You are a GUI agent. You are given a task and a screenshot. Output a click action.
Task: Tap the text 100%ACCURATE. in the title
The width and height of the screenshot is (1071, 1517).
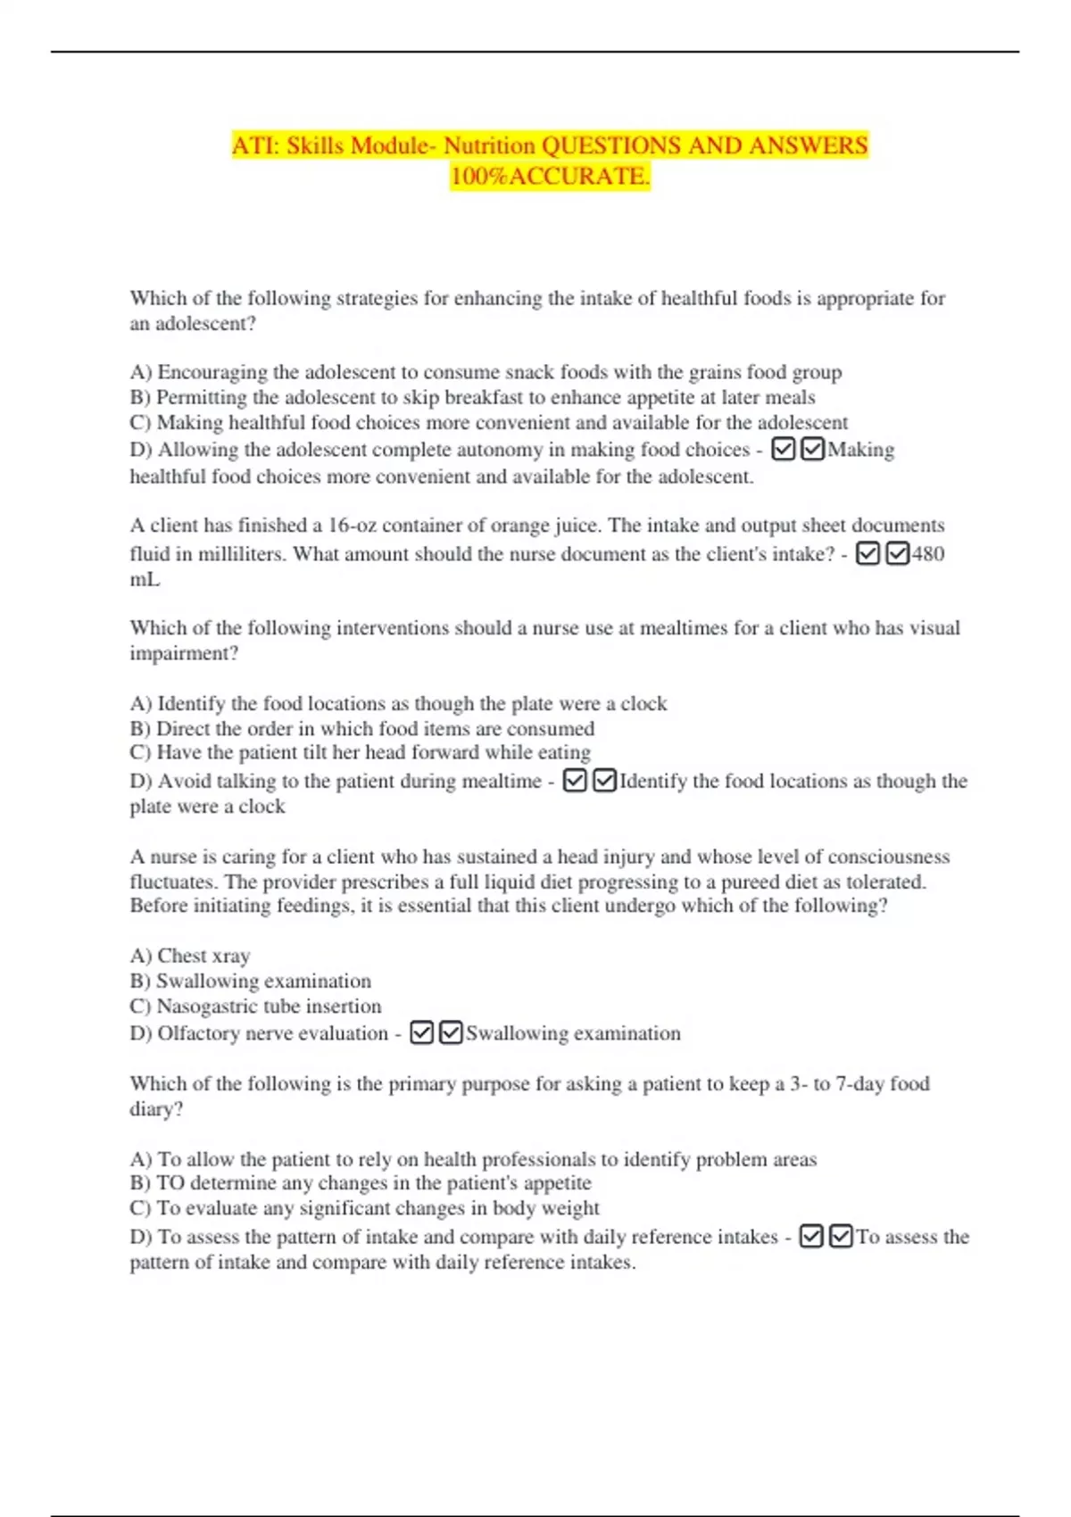click(x=550, y=176)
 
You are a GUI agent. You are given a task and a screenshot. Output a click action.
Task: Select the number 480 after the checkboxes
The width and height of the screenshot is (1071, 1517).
click(x=928, y=554)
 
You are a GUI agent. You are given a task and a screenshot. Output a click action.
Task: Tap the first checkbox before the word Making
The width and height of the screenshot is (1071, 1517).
click(x=783, y=449)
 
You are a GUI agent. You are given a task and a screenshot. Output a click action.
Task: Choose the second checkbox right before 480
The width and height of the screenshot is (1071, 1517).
click(x=898, y=554)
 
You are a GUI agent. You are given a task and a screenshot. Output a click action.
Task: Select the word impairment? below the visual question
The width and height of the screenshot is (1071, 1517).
click(x=184, y=653)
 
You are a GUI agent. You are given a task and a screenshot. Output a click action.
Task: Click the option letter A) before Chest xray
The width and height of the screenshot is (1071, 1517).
click(x=141, y=956)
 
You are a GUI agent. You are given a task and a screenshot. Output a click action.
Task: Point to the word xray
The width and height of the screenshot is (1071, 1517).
click(x=231, y=956)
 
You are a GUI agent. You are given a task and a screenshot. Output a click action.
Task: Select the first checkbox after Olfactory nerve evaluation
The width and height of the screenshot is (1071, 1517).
click(x=421, y=1033)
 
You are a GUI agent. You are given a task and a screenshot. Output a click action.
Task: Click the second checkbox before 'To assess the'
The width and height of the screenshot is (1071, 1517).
click(x=841, y=1237)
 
